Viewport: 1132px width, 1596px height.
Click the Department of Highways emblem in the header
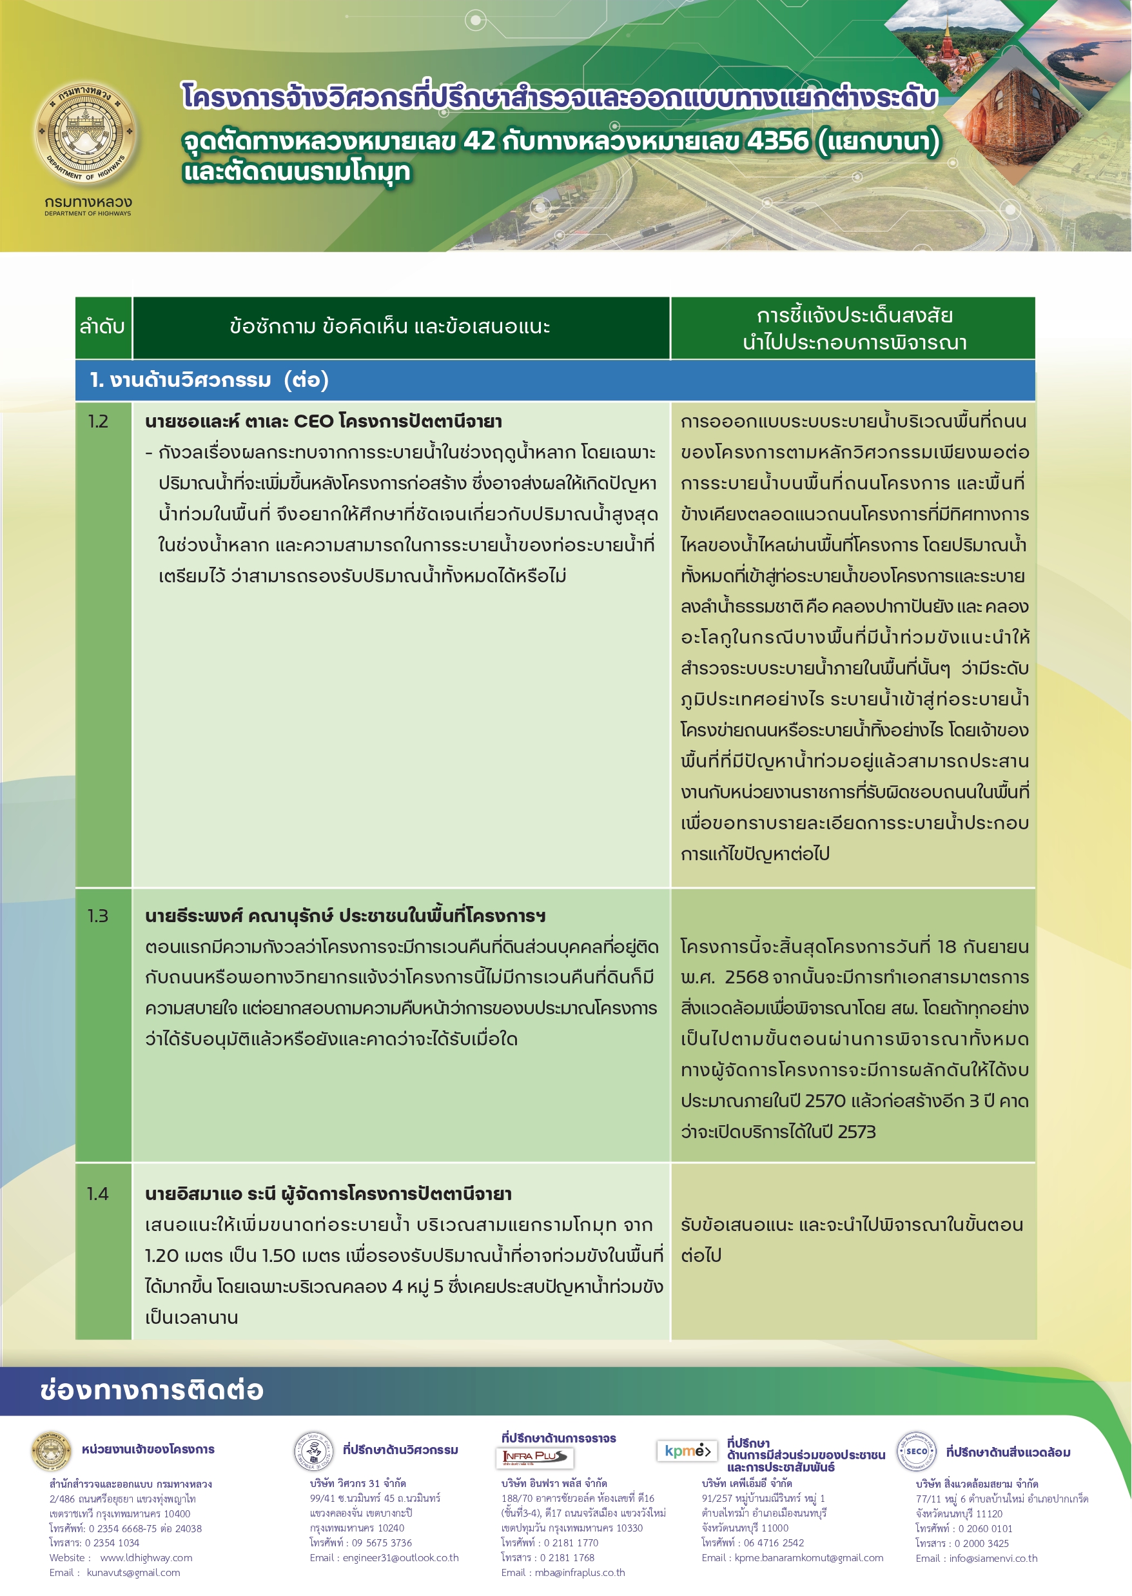[87, 132]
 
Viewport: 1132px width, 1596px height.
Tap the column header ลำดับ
[102, 327]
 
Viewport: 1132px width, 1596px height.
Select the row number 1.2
[98, 422]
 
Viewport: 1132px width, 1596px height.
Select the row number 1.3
[98, 916]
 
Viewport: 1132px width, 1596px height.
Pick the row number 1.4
[98, 1194]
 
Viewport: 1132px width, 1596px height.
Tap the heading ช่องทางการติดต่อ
[152, 1390]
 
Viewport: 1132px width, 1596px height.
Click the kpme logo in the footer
[687, 1451]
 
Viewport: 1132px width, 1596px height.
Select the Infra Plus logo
[534, 1457]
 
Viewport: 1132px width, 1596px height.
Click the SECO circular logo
[916, 1451]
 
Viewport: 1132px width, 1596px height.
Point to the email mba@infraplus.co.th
[580, 1572]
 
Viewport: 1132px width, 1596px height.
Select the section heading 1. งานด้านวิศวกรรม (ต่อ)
[209, 380]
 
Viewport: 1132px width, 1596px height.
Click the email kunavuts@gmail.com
[133, 1572]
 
